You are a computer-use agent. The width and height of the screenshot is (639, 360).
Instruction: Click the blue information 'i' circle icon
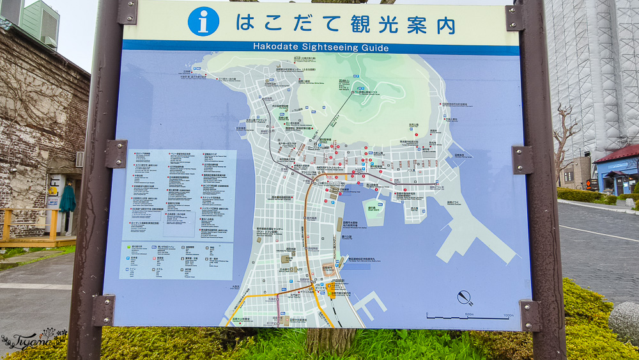click(203, 22)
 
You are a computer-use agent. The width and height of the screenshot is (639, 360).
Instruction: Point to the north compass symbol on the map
click(465, 297)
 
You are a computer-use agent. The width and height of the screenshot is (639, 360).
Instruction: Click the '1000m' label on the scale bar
click(508, 315)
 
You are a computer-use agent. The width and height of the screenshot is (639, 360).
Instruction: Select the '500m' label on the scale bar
click(468, 315)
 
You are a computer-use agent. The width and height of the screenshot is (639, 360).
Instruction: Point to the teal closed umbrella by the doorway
click(68, 200)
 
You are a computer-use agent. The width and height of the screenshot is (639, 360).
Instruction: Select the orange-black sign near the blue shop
click(591, 184)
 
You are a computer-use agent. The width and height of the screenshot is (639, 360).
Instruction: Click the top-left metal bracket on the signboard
click(127, 12)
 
